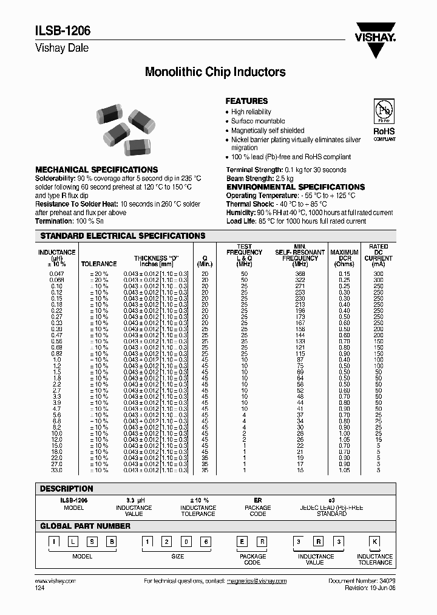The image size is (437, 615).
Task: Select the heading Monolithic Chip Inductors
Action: (215, 72)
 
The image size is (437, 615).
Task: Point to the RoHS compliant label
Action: (384, 134)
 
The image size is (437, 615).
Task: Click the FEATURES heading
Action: (246, 101)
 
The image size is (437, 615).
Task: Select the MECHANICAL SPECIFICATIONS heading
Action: (97, 170)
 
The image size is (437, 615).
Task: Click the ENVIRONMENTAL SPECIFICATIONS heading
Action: (295, 187)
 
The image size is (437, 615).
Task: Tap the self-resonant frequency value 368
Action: (300, 275)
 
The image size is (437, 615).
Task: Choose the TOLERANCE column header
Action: (99, 264)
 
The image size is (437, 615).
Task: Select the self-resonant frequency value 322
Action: (300, 280)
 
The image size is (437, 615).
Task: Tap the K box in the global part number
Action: (374, 541)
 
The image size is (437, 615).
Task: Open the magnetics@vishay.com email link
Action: (256, 581)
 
